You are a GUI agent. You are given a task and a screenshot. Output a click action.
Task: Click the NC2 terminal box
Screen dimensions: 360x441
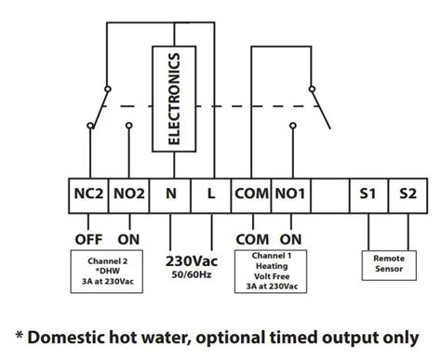(89, 195)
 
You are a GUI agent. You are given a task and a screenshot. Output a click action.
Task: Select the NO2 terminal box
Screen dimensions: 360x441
(129, 195)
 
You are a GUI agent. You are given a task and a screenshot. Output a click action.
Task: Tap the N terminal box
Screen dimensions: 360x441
(169, 195)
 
